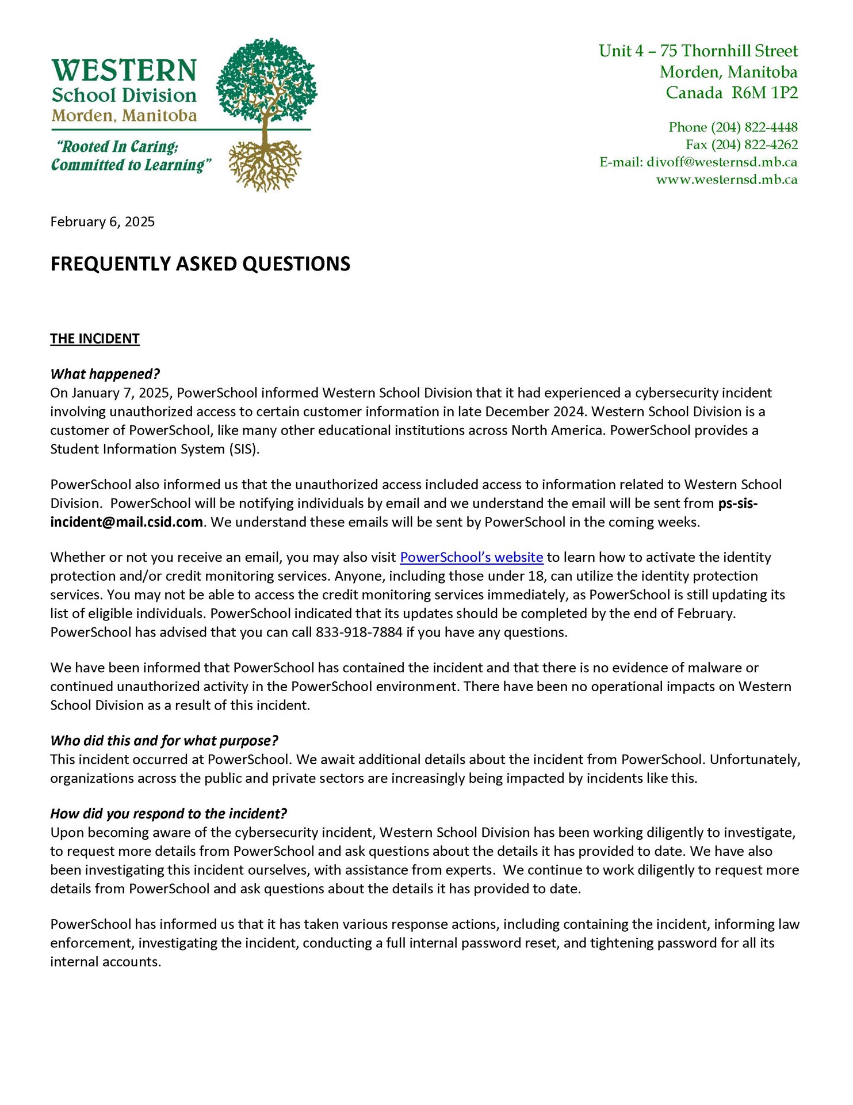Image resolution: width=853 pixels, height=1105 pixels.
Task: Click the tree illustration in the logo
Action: [x=266, y=115]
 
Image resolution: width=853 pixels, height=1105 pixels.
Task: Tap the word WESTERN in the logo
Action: [x=124, y=71]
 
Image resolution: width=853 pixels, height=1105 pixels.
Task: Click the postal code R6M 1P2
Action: [x=764, y=93]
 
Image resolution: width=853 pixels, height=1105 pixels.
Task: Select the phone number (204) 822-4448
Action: [x=754, y=127]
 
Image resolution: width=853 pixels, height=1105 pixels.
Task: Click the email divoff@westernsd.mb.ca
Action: [x=722, y=162]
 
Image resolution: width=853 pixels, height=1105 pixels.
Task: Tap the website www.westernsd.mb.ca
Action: [x=726, y=180]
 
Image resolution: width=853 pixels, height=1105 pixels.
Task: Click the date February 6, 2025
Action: [x=102, y=222]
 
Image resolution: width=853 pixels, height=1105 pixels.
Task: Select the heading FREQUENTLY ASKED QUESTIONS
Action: [x=200, y=264]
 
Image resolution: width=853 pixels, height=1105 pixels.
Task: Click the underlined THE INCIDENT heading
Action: [x=95, y=338]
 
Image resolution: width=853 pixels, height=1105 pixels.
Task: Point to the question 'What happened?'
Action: [x=105, y=374]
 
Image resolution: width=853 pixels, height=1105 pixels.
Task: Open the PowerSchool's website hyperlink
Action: [x=471, y=557]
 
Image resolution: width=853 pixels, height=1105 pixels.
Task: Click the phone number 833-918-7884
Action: [x=359, y=632]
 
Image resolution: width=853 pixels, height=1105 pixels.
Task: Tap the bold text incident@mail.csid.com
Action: [x=127, y=522]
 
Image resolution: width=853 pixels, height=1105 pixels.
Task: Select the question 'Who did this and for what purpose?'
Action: [x=164, y=741]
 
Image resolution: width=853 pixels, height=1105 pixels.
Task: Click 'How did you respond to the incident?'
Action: [x=168, y=814]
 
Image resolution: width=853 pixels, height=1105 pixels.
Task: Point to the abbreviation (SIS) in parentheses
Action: [x=244, y=449]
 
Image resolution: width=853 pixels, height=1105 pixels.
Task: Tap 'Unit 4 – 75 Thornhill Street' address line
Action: [x=698, y=51]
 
